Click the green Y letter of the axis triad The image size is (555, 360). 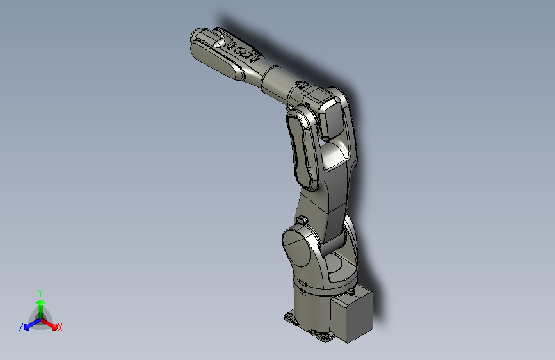point(40,293)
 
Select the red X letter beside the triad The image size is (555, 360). point(60,327)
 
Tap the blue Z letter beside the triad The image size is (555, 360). point(21,327)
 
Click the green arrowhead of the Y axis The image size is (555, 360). point(41,303)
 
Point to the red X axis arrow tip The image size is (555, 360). point(54,327)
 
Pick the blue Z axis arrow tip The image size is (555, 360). point(27,327)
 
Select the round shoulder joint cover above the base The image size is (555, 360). point(296,247)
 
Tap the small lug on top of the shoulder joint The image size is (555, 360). point(302,219)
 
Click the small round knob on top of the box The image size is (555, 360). point(351,291)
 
